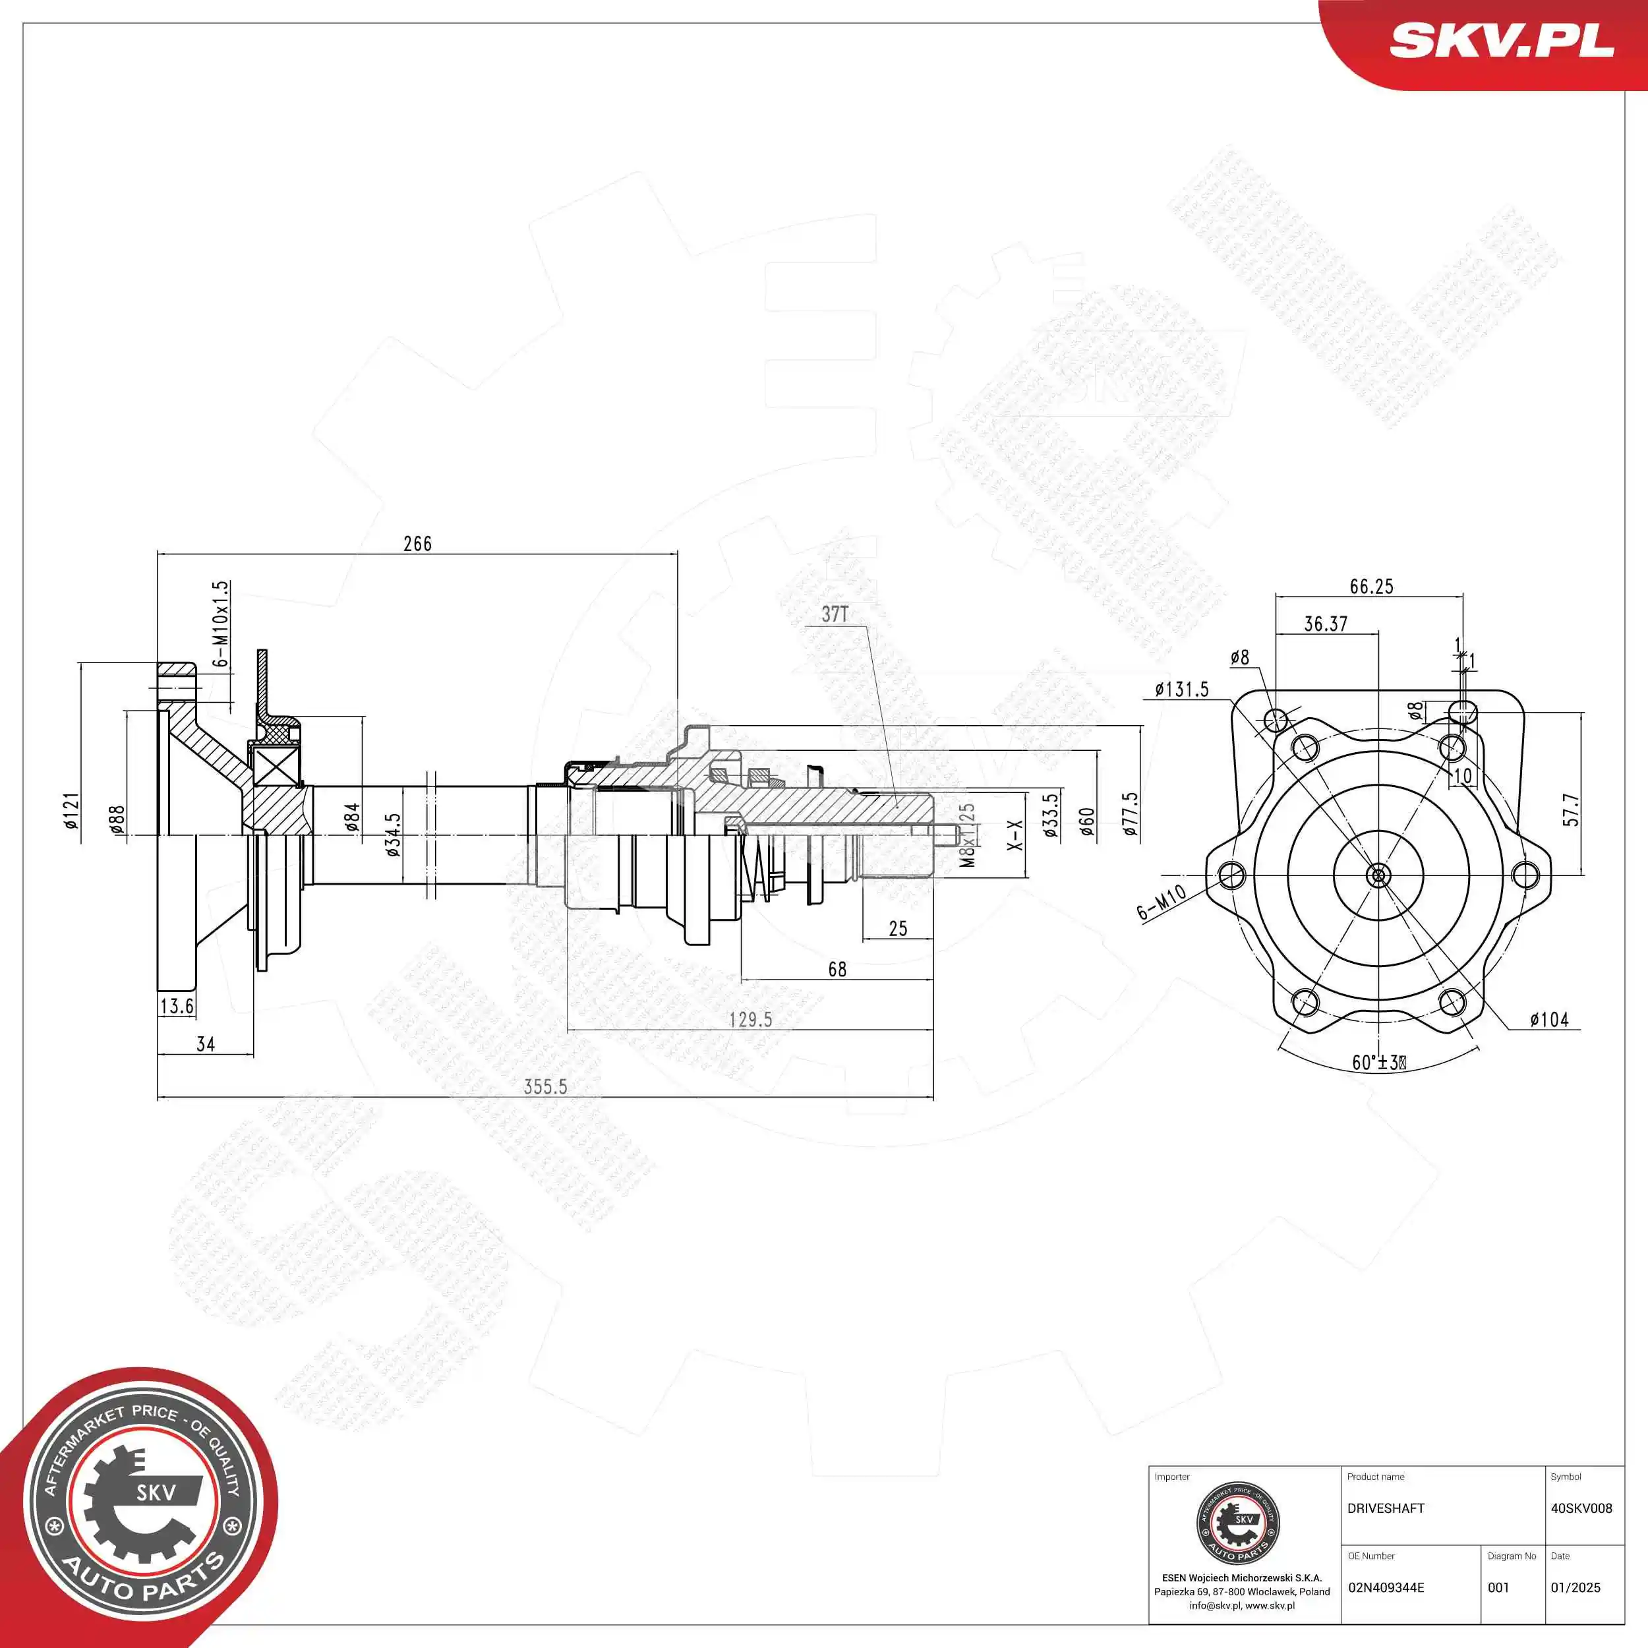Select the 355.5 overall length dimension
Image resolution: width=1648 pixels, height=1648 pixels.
pyautogui.click(x=545, y=1087)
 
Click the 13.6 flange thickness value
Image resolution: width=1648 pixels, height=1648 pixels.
pyautogui.click(x=177, y=1007)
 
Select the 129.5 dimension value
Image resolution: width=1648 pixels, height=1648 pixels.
pyautogui.click(x=751, y=1019)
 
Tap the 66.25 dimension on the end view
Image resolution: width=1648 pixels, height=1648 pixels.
pyautogui.click(x=1372, y=587)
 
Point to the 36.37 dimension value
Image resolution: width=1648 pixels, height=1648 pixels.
pyautogui.click(x=1326, y=624)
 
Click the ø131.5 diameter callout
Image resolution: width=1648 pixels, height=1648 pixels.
pyautogui.click(x=1181, y=690)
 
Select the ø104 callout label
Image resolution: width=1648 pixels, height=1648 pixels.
pyautogui.click(x=1549, y=1019)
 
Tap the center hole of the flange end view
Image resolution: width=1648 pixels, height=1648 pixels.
pyautogui.click(x=1378, y=874)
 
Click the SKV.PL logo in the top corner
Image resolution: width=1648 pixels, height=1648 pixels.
pyautogui.click(x=1501, y=40)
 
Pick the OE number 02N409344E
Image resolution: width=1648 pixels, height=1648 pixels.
pyautogui.click(x=1386, y=1587)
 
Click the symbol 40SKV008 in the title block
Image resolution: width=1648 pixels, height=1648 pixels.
pyautogui.click(x=1581, y=1508)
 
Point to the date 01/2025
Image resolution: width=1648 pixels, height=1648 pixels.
pyautogui.click(x=1575, y=1587)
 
